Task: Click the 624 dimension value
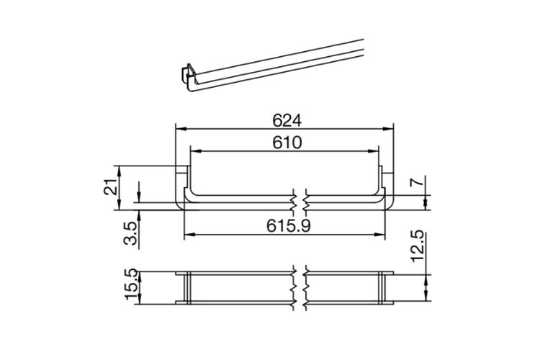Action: point(287,120)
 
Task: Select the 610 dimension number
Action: point(287,143)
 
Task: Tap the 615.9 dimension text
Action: point(289,226)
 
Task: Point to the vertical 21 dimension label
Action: point(111,187)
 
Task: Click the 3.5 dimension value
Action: point(130,233)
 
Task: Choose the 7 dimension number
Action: point(418,181)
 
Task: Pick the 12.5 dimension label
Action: point(418,246)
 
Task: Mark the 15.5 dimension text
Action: point(132,284)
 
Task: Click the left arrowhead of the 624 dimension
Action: point(181,129)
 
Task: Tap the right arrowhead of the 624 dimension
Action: point(388,129)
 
